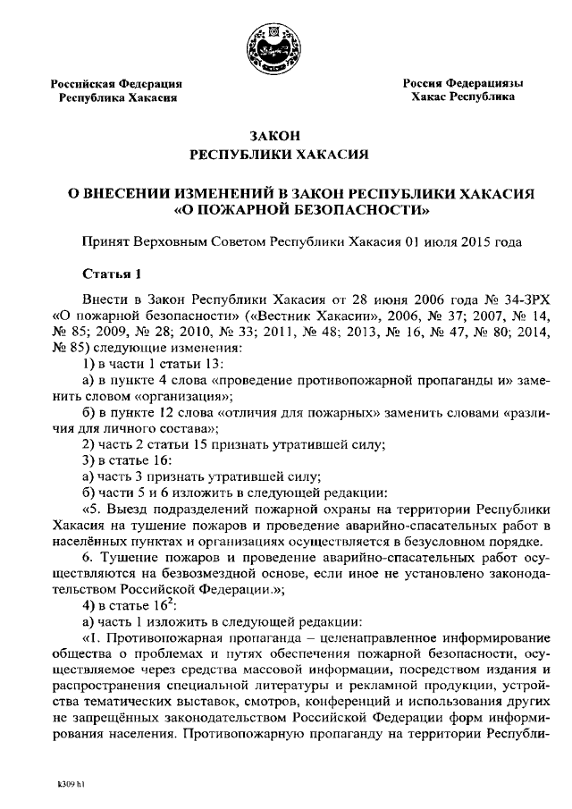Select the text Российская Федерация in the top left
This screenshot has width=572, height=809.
(120, 82)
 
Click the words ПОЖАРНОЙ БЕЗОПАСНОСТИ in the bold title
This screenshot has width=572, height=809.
(299, 211)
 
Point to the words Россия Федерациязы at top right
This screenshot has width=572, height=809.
(463, 81)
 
